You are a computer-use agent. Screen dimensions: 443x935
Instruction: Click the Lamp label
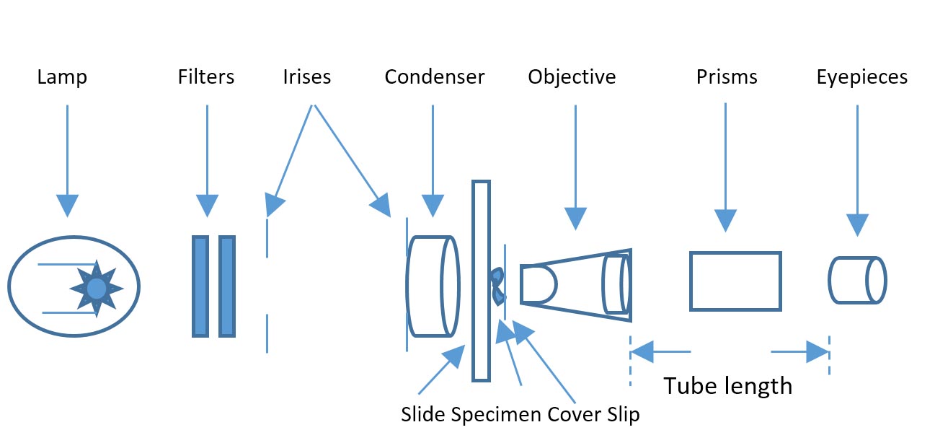(62, 77)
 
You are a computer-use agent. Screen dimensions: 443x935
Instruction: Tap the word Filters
(206, 77)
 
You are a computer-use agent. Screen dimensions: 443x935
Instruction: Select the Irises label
(307, 77)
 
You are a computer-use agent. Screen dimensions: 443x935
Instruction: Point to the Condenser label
(435, 77)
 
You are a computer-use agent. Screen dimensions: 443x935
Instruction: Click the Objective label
(572, 77)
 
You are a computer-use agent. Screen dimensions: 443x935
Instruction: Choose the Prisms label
(727, 77)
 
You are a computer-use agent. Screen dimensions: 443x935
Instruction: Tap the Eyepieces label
(862, 77)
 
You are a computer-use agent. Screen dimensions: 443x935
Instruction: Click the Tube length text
(728, 386)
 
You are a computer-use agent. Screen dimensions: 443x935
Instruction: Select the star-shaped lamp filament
(97, 289)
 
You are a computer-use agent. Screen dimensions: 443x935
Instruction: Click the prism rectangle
(735, 281)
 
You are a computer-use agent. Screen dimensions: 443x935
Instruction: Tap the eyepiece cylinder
(857, 280)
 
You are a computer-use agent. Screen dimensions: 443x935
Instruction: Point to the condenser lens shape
(433, 286)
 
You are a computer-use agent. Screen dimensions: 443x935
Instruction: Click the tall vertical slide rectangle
(481, 281)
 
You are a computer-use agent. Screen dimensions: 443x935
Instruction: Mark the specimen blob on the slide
(497, 285)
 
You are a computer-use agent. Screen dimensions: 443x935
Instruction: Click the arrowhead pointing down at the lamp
(67, 206)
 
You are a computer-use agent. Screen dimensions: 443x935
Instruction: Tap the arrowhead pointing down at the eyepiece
(857, 225)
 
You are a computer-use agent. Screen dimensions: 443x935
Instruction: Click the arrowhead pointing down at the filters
(207, 206)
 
